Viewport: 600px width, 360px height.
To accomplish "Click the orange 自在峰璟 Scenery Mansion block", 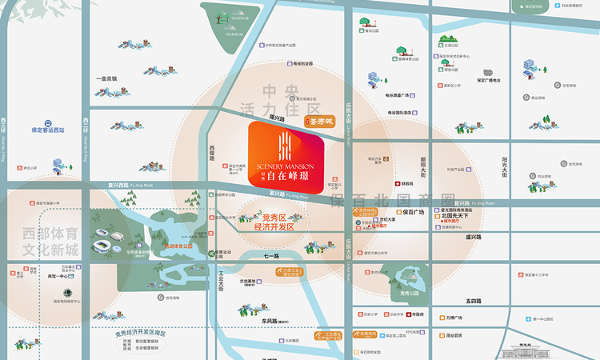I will click(x=287, y=158).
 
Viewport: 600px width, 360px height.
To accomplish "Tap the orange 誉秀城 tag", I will click(x=321, y=122).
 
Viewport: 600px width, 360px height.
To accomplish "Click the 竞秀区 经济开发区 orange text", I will click(x=274, y=222).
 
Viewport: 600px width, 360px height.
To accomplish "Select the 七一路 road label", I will click(x=271, y=257).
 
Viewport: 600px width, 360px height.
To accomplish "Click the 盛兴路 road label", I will click(x=473, y=237).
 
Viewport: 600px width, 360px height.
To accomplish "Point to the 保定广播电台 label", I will click(x=488, y=80).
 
